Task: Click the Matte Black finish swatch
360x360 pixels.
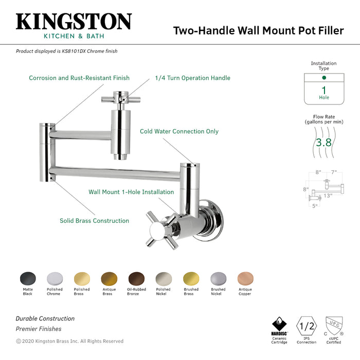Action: click(x=28, y=279)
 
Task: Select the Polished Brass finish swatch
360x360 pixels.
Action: click(x=82, y=279)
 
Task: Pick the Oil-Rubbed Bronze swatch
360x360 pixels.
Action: click(x=136, y=279)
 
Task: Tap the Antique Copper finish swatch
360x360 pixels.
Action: click(x=245, y=279)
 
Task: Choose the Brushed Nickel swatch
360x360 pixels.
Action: click(x=218, y=279)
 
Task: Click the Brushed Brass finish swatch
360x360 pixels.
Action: click(x=191, y=279)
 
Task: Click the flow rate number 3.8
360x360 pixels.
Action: click(x=323, y=142)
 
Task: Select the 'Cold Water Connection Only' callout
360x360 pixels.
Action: click(x=179, y=132)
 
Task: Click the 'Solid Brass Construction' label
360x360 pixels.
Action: click(x=94, y=221)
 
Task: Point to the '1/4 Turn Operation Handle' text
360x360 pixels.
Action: click(x=192, y=78)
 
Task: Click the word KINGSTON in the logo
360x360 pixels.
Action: click(x=74, y=22)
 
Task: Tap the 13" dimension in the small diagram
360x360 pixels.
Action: click(x=328, y=195)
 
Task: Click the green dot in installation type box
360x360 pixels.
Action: click(x=323, y=78)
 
